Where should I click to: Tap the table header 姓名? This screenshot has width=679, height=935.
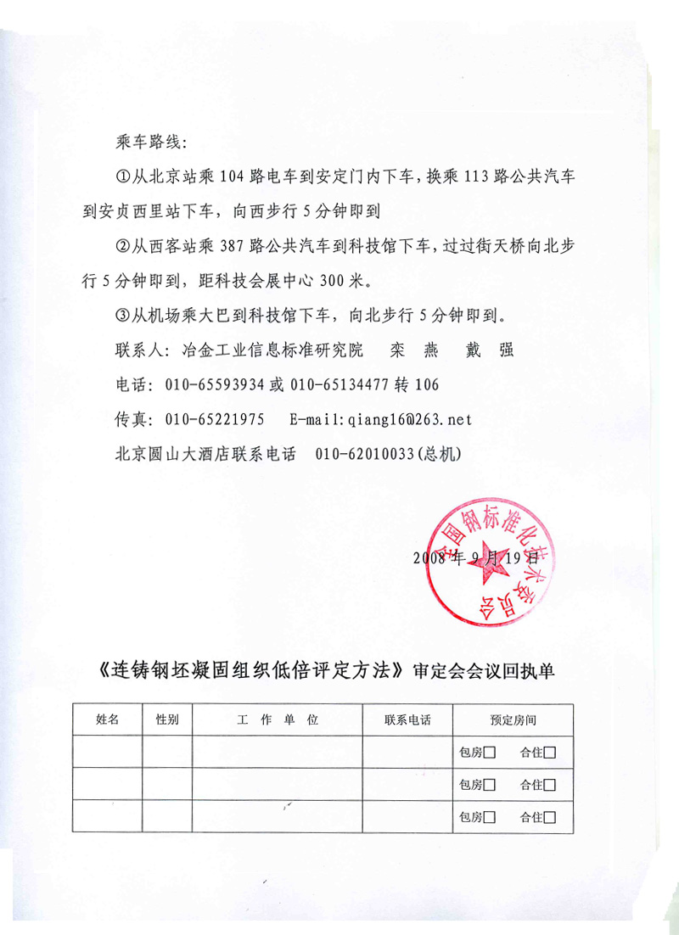click(x=108, y=719)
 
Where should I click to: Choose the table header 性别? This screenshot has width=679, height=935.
click(x=167, y=719)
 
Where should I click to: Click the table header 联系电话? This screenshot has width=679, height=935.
click(x=407, y=719)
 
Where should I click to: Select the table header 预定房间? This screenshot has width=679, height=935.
click(x=513, y=719)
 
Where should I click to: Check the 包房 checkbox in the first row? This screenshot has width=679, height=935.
click(x=490, y=752)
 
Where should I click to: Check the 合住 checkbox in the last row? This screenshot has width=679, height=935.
click(x=550, y=818)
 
